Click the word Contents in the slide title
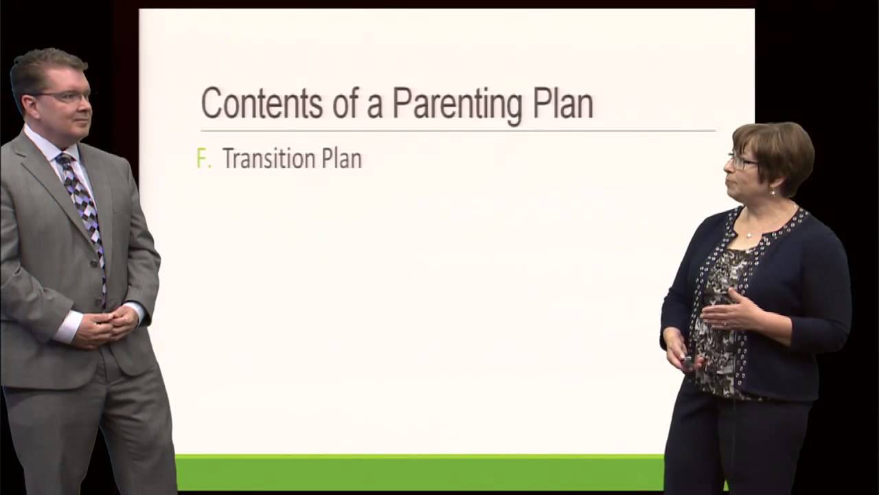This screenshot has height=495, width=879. (262, 104)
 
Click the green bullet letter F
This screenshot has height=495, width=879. (203, 159)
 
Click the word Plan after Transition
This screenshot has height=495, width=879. (341, 159)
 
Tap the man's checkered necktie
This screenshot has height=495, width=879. (85, 206)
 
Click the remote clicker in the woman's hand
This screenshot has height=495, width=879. (688, 361)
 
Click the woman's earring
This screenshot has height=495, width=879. (773, 192)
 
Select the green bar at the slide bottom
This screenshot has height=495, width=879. (419, 472)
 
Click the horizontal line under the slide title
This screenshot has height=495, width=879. (457, 130)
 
